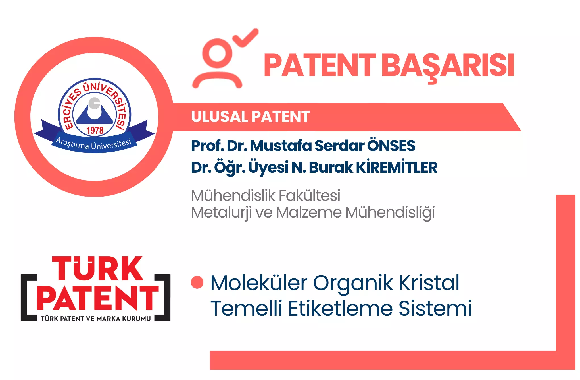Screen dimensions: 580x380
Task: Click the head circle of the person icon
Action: pyautogui.click(x=217, y=53)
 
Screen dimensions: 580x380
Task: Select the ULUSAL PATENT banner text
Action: pyautogui.click(x=251, y=117)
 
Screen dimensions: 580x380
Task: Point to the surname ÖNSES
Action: pyautogui.click(x=391, y=145)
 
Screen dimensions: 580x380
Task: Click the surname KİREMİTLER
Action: pyautogui.click(x=397, y=167)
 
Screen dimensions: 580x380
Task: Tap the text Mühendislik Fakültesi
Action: pyautogui.click(x=266, y=195)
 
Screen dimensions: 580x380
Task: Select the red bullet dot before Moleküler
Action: pyautogui.click(x=197, y=282)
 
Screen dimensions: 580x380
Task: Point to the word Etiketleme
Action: pyautogui.click(x=341, y=308)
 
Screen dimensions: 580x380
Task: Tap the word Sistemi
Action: pyautogui.click(x=435, y=308)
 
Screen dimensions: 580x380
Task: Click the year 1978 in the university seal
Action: pyautogui.click(x=95, y=130)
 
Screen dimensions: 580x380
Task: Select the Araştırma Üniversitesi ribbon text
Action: pyautogui.click(x=93, y=143)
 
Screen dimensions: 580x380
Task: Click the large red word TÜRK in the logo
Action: pyautogui.click(x=97, y=269)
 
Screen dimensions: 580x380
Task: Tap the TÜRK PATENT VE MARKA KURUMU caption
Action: pyautogui.click(x=96, y=319)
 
